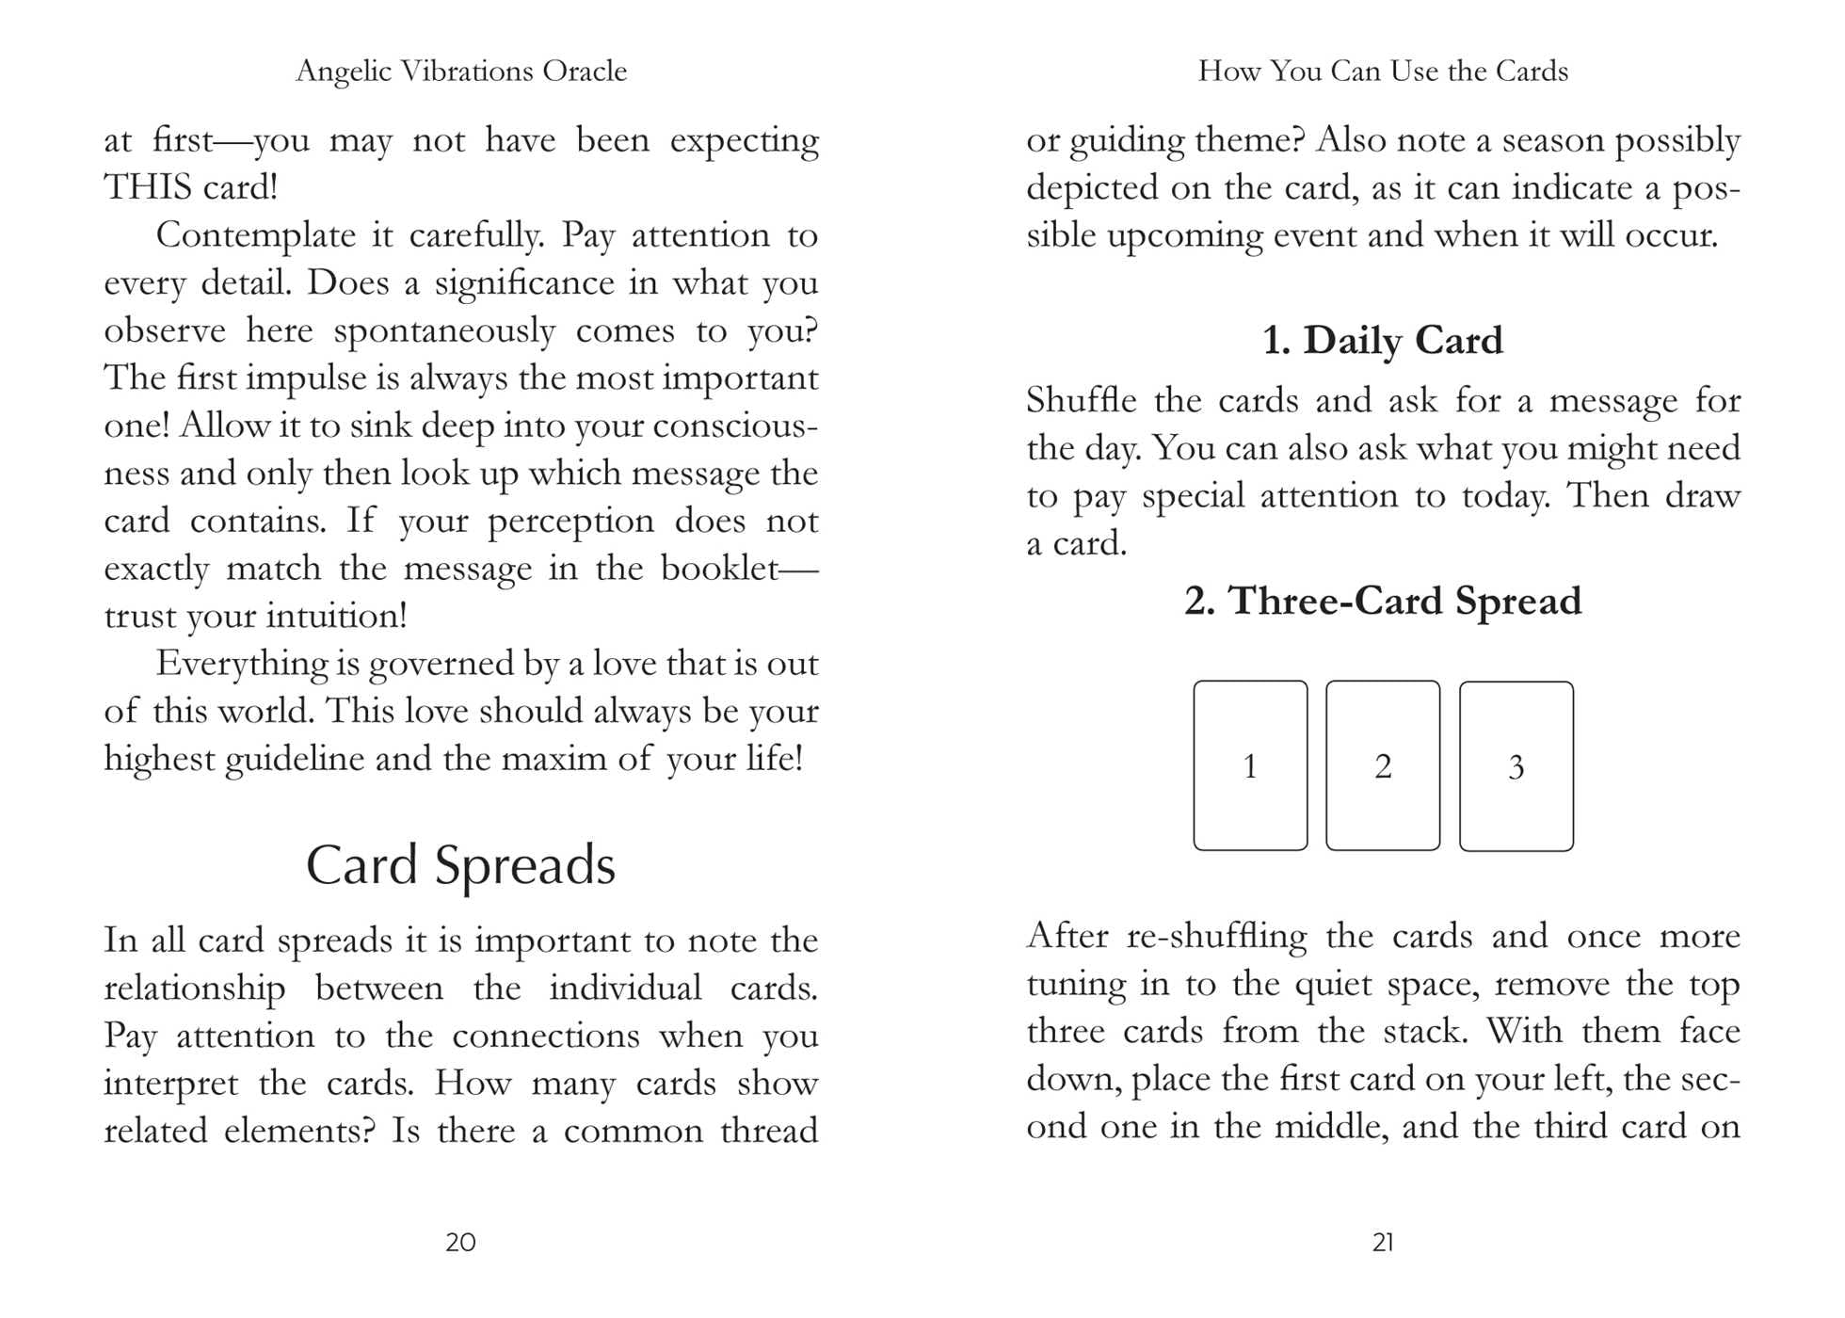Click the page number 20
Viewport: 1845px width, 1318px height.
click(x=460, y=1243)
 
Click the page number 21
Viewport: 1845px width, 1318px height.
click(x=1383, y=1243)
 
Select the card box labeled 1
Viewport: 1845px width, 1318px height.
click(x=1250, y=765)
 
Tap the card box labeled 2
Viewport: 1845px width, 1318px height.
click(x=1383, y=765)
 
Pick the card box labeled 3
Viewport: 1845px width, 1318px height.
click(x=1516, y=766)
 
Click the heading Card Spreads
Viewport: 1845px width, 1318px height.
click(x=460, y=864)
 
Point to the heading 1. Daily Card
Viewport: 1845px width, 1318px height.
click(x=1382, y=340)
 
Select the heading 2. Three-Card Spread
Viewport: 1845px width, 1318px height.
click(x=1383, y=601)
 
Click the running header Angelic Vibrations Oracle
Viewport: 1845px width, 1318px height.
click(x=460, y=71)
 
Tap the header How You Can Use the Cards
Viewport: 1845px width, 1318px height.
click(x=1383, y=71)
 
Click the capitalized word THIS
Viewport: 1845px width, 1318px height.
click(x=148, y=187)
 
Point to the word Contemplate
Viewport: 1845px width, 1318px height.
click(x=255, y=234)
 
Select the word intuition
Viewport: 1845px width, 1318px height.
click(x=335, y=616)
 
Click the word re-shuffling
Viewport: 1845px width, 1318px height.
click(x=1216, y=936)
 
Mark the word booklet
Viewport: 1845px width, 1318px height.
click(x=719, y=568)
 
